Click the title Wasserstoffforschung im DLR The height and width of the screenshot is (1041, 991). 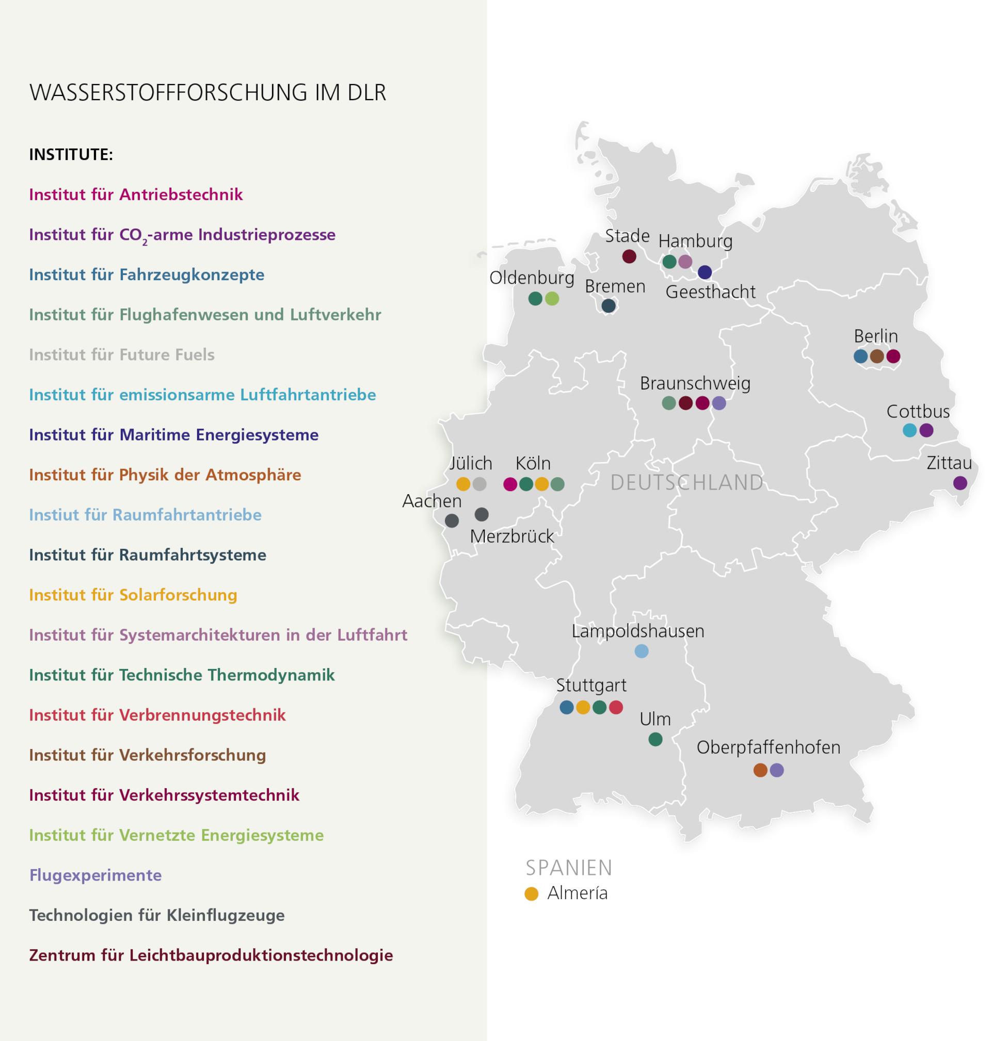coord(207,92)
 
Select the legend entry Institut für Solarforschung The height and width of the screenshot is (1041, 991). coord(133,595)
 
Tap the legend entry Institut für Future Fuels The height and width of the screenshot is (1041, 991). coord(121,355)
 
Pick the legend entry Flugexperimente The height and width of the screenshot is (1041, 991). coord(95,875)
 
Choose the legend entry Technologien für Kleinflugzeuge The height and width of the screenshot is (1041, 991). coord(157,915)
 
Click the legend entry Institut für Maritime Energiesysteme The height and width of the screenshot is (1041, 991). coord(174,435)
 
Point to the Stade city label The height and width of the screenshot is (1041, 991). coord(627,236)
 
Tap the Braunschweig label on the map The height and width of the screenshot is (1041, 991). coord(695,383)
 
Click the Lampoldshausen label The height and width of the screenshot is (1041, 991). coord(637,631)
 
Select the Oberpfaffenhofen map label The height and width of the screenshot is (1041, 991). coord(768,747)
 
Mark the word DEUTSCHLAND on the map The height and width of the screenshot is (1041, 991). coord(686,482)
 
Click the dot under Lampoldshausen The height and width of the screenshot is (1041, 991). coord(641,652)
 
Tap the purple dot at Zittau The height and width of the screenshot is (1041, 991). coord(960,483)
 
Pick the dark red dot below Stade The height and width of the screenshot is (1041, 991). coord(629,256)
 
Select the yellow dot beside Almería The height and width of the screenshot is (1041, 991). coord(532,893)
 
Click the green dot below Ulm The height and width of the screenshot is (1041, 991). coord(656,740)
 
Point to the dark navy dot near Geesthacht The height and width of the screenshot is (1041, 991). coord(705,272)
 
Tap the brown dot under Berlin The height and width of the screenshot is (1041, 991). coord(877,356)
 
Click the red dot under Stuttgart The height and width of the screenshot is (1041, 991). coord(616,707)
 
